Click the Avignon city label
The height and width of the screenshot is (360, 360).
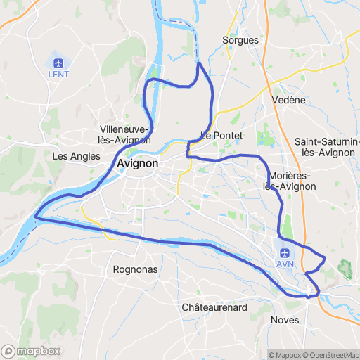pyautogui.click(x=138, y=163)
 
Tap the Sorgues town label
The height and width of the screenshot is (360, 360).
pyautogui.click(x=240, y=40)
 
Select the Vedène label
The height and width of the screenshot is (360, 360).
pyautogui.click(x=288, y=100)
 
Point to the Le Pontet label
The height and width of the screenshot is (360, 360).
pyautogui.click(x=221, y=135)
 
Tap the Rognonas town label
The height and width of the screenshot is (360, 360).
pyautogui.click(x=135, y=269)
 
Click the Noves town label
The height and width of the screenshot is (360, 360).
pyautogui.click(x=285, y=320)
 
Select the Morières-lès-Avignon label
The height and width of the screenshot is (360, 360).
pyautogui.click(x=289, y=181)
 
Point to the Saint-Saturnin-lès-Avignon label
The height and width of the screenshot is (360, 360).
pyautogui.click(x=328, y=146)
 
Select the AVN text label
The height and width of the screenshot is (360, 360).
pyautogui.click(x=285, y=264)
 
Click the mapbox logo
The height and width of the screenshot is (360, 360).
pyautogui.click(x=30, y=351)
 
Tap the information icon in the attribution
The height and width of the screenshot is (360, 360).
pyautogui.click(x=262, y=355)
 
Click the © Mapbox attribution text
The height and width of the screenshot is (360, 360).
pyautogui.click(x=283, y=355)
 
